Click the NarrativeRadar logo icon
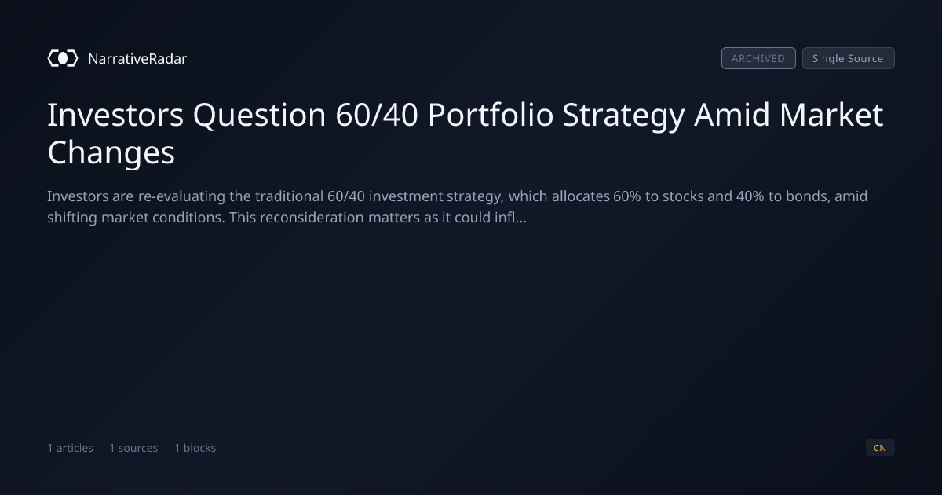(x=63, y=58)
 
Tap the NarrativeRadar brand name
(x=137, y=59)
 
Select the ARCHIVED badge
(x=758, y=58)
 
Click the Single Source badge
(x=849, y=58)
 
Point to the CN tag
(x=880, y=447)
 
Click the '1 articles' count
(x=70, y=448)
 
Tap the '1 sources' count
(x=133, y=448)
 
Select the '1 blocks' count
(x=195, y=448)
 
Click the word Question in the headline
(x=260, y=115)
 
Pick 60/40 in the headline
(x=377, y=115)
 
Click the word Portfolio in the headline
(x=491, y=115)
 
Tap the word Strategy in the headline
(x=623, y=115)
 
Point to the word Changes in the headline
(x=111, y=153)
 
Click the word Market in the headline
(x=831, y=115)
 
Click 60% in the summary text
(x=627, y=196)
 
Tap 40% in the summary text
(x=750, y=196)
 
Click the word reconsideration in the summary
(x=312, y=218)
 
